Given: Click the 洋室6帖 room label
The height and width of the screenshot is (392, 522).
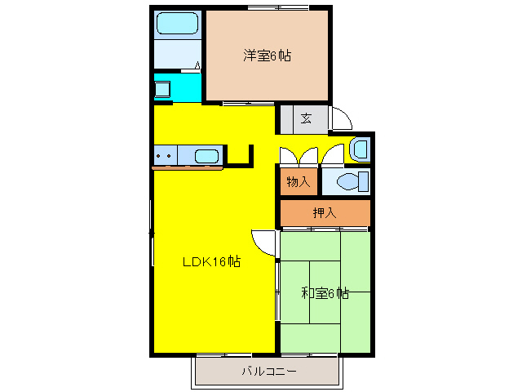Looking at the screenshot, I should pos(267,56).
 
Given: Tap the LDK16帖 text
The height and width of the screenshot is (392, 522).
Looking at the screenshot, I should pos(210,262).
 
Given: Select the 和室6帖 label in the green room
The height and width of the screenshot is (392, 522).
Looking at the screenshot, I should pos(325,292).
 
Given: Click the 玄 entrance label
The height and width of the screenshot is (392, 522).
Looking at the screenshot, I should pos(305,118).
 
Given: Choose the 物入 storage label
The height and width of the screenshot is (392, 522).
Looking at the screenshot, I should pos(298,181).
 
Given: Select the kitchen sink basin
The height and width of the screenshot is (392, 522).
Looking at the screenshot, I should pos(207,155).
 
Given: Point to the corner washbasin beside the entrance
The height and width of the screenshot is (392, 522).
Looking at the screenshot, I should pos(359,149).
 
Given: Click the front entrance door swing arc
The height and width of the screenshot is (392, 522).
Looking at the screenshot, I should pos(341,119).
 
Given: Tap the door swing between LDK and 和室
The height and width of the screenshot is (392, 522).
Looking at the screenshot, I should pos(264,241).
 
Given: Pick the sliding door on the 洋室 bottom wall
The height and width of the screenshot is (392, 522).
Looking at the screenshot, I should pos(243,103).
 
